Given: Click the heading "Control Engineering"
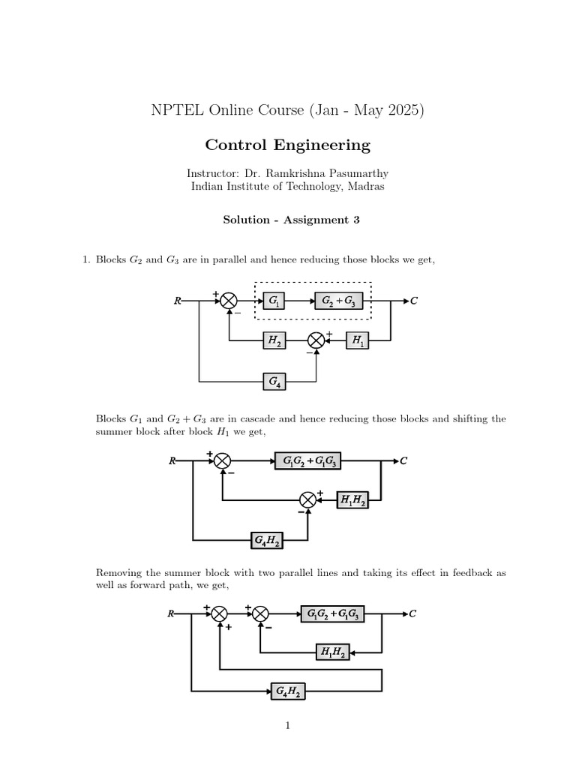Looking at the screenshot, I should [x=288, y=144].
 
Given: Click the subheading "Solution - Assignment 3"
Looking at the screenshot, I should [x=288, y=220].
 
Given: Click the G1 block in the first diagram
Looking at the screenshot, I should [x=271, y=301].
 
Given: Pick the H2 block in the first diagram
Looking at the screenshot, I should [x=274, y=340].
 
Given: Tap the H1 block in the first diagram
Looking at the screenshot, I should [x=357, y=340].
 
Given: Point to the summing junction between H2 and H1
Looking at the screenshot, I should [x=316, y=340].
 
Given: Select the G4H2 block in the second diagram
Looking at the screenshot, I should [x=266, y=539].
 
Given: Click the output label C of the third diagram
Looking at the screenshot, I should [x=412, y=613].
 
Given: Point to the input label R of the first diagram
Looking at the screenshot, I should [x=177, y=301].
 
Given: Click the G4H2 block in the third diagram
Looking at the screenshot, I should [x=288, y=691].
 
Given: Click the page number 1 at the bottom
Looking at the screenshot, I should [x=287, y=726].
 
